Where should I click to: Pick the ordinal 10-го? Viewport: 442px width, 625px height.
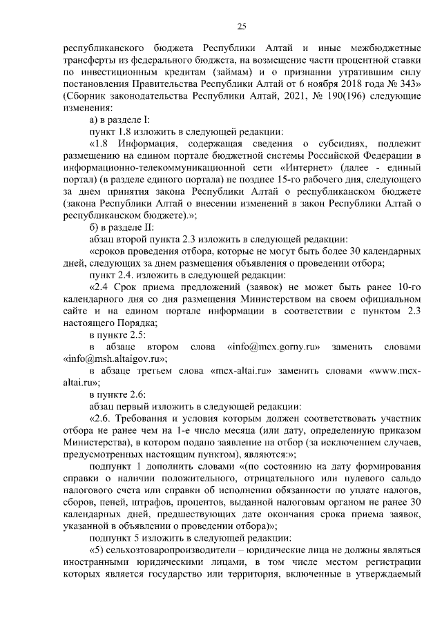tap(407, 285)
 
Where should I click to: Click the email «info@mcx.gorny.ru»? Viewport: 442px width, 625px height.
tap(269, 345)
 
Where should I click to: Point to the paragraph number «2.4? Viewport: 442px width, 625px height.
tap(100, 285)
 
